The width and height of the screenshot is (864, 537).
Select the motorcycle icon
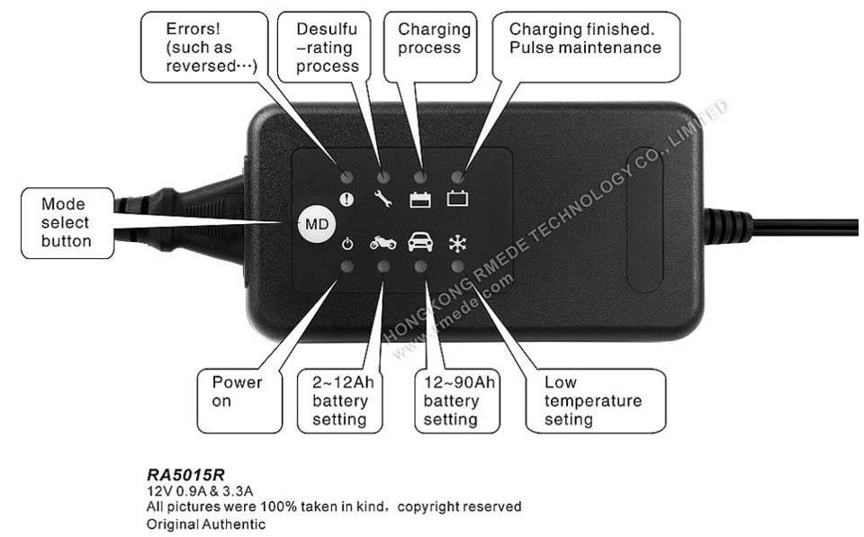382,243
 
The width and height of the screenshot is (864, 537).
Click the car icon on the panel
419,243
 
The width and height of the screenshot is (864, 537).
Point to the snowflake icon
456,243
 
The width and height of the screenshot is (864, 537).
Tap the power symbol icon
347,243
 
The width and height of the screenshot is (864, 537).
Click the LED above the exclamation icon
346,176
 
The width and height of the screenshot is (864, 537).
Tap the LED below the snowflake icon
457,266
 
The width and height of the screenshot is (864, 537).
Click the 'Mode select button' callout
67,223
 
